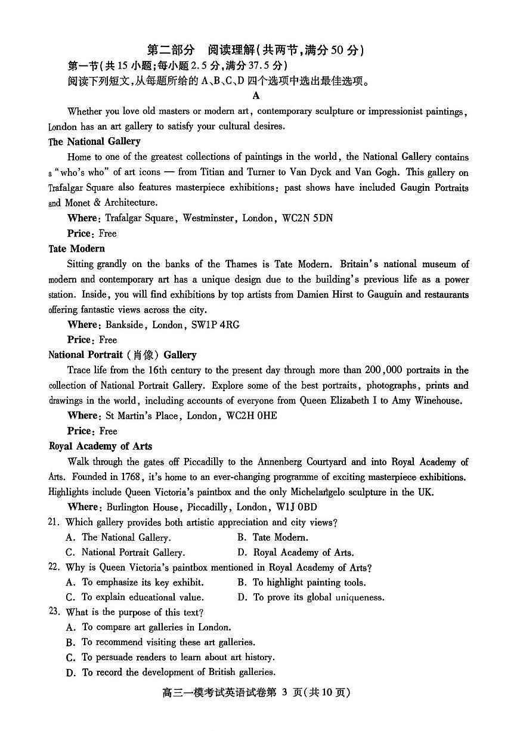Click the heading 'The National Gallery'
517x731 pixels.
94,141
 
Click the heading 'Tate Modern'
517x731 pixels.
76,249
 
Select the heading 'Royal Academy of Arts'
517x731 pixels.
100,446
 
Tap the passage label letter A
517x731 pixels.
256,95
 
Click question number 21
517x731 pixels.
54,522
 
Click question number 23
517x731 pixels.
54,612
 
